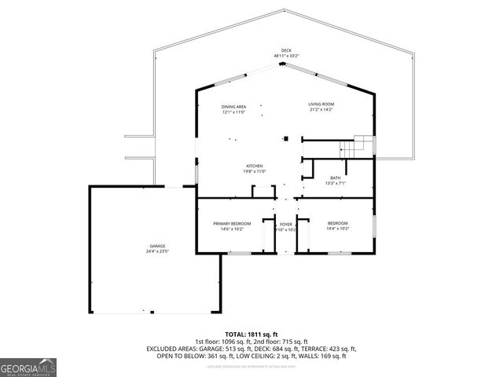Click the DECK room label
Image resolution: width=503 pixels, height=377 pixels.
coord(286,50)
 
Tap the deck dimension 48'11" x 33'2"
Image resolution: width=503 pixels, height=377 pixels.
coord(286,56)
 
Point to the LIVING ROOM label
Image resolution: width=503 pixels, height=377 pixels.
coord(321,104)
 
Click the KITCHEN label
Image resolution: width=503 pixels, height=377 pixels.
coord(254,166)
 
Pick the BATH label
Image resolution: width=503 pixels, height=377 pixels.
coord(336,178)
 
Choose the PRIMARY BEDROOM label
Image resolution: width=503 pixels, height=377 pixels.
coord(232,224)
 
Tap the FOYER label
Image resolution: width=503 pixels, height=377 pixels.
coord(286,224)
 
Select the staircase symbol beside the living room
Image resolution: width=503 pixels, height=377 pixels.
coord(363,145)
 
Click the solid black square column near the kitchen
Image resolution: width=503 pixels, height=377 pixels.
coord(287,139)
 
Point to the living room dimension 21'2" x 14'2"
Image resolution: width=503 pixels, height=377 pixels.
coord(321,109)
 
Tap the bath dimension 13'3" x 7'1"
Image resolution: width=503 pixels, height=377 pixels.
coord(336,183)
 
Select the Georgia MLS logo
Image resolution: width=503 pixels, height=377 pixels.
coord(28,366)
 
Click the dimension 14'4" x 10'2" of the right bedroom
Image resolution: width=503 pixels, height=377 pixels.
coord(337,229)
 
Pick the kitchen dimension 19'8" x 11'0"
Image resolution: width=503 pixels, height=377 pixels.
coord(254,171)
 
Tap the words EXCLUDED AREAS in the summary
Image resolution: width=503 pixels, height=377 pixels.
coord(168,349)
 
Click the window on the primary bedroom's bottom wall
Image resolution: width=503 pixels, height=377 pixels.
coord(239,254)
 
